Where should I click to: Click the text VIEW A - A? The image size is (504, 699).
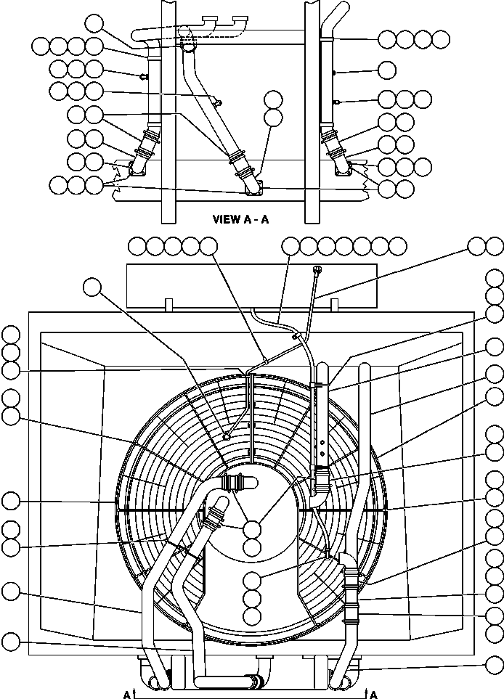tap(241, 219)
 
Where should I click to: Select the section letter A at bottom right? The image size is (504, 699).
tap(374, 694)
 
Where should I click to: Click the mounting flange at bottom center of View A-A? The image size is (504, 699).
tap(254, 188)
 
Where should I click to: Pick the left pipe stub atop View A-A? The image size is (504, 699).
tap(210, 21)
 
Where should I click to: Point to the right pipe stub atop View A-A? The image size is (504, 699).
tap(241, 21)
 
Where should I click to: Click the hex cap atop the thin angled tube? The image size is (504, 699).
tap(317, 269)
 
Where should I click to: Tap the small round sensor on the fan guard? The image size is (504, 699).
tap(227, 436)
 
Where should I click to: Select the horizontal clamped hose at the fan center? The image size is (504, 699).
tap(239, 483)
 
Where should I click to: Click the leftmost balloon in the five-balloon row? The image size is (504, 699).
tap(137, 245)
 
